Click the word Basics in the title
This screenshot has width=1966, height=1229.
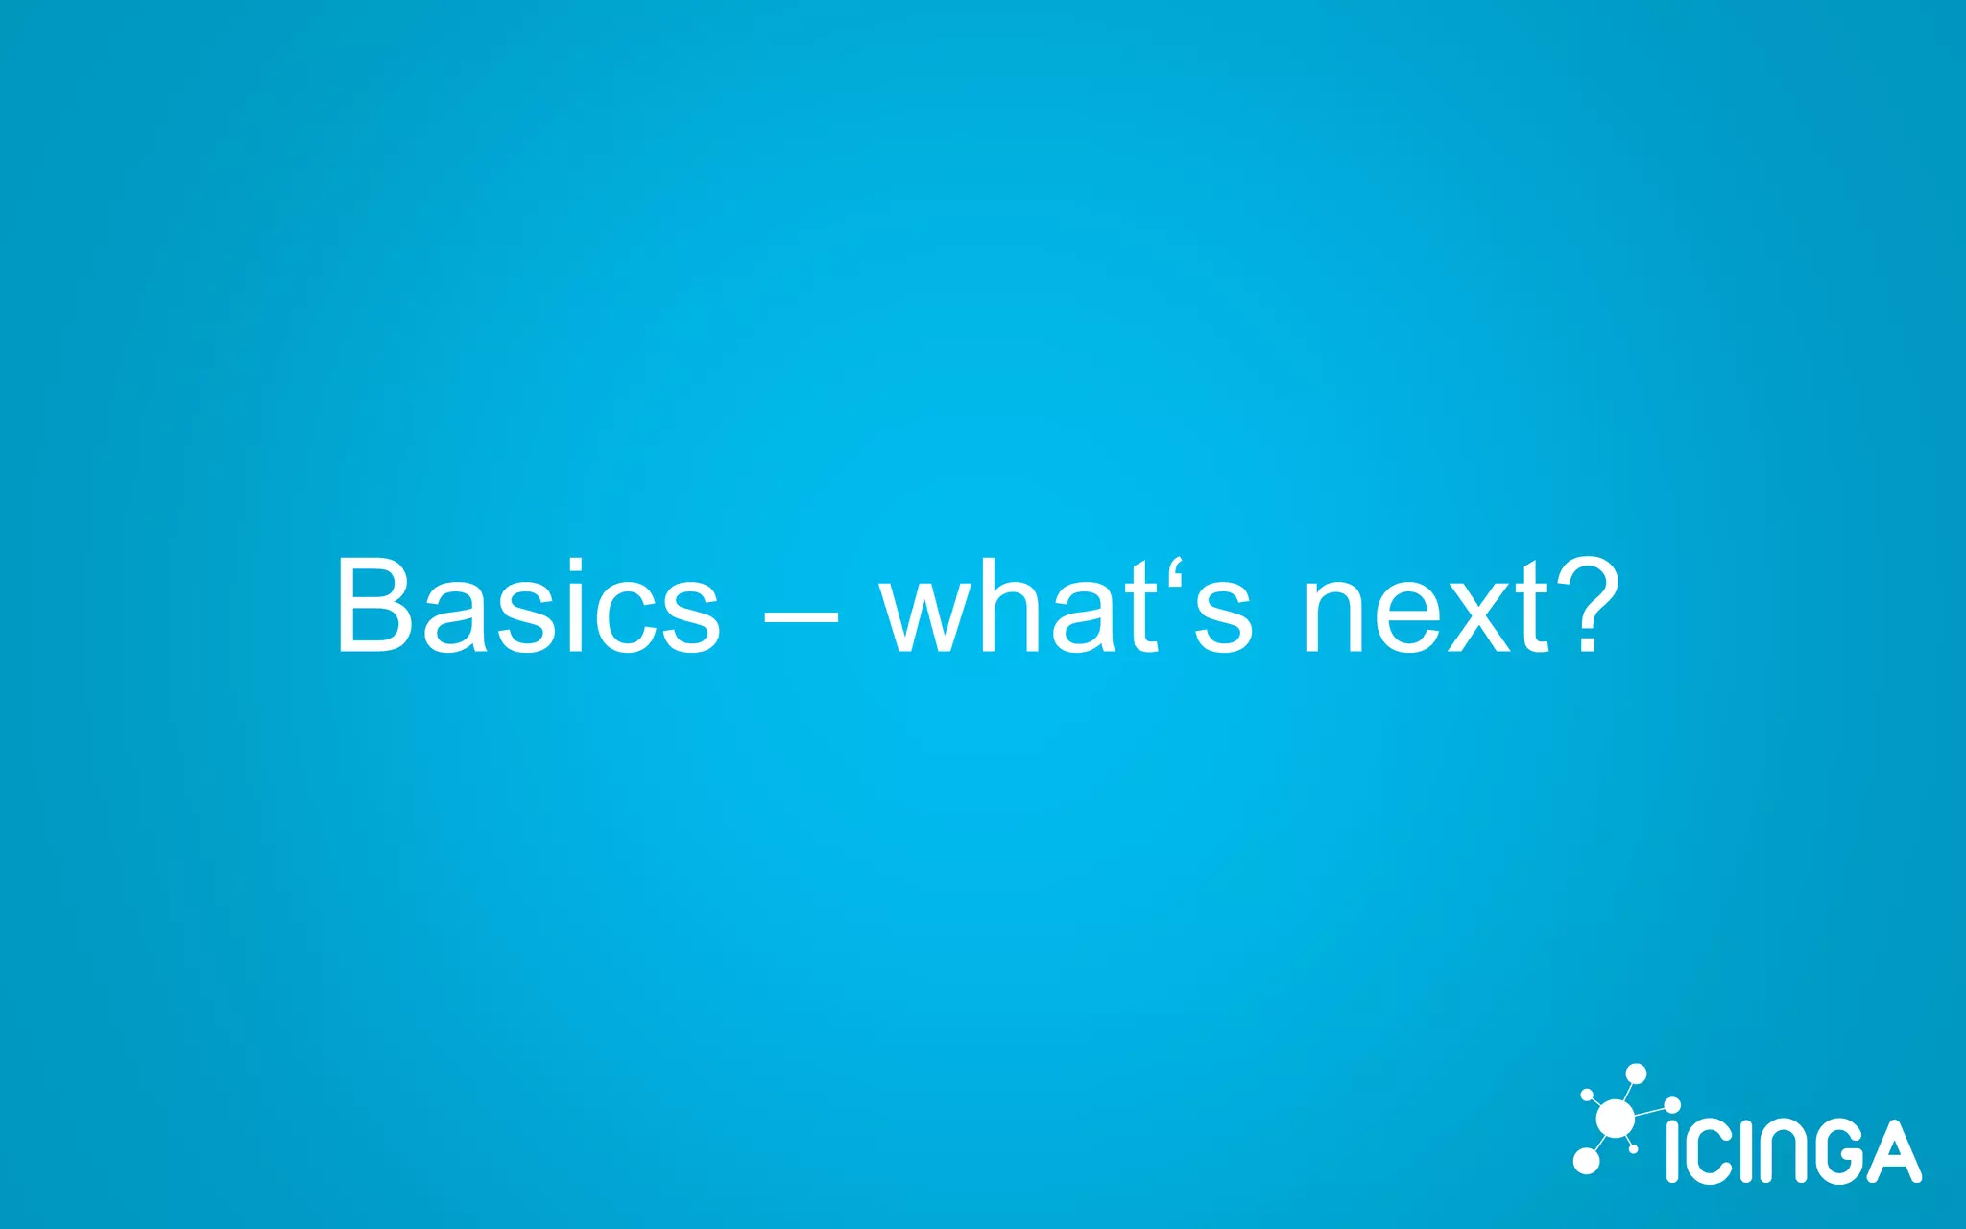527,607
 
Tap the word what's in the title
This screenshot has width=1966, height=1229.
1067,607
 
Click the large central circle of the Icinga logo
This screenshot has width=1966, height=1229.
1615,1120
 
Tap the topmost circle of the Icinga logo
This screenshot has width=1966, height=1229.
1636,1074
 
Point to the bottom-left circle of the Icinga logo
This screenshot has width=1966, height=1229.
1586,1161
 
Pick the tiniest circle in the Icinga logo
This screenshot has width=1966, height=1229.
1634,1148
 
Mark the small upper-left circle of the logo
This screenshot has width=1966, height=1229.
1587,1095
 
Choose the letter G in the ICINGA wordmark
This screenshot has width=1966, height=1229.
1831,1151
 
